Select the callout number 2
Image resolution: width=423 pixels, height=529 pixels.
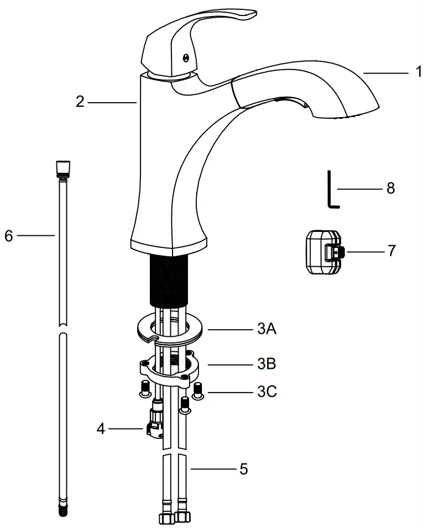click(80, 102)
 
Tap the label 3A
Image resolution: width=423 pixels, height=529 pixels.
click(267, 330)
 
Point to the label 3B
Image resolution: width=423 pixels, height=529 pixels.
click(267, 364)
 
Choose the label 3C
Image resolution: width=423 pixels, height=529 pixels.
click(267, 393)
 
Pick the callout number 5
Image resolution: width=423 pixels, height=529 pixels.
click(243, 469)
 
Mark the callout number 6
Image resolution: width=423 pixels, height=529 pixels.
click(8, 235)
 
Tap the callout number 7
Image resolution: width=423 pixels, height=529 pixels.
click(391, 251)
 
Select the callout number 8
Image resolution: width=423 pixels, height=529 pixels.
click(390, 189)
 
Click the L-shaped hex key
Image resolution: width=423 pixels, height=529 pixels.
click(331, 191)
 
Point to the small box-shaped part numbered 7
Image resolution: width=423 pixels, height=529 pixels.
click(322, 251)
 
